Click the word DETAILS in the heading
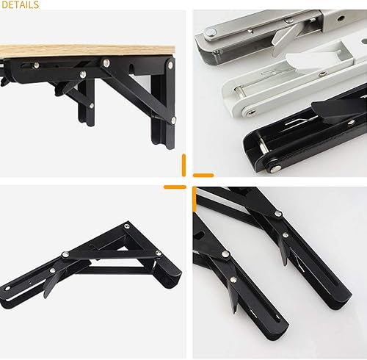click(20, 4)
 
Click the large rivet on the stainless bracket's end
click(211, 32)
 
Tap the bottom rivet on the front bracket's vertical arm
click(173, 119)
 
